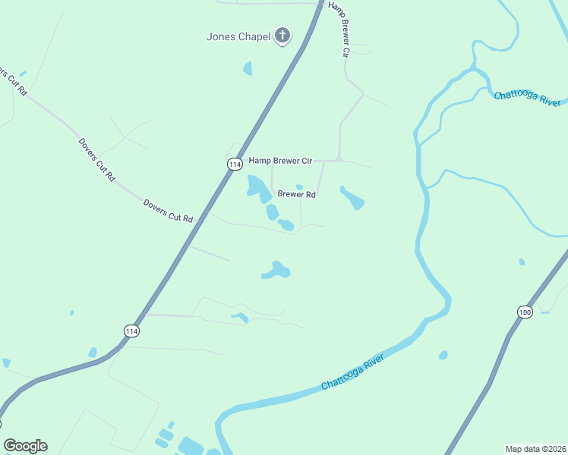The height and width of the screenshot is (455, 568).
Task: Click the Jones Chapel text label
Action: point(238,36)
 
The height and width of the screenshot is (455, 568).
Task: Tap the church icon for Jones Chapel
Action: point(282,35)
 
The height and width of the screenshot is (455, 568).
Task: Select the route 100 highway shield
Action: point(525,312)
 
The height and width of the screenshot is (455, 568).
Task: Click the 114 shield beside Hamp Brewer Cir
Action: point(235,164)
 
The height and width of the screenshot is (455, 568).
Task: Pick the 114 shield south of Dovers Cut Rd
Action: point(132,331)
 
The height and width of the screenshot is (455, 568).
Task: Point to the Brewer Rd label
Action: point(296,194)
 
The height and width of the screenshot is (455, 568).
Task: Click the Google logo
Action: point(25,446)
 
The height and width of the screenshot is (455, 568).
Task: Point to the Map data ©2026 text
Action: point(535,449)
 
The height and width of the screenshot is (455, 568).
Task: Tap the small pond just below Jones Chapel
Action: point(248,69)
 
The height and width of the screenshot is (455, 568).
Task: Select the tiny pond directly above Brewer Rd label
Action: point(299,187)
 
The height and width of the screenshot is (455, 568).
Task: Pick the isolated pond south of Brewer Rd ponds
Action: point(276,270)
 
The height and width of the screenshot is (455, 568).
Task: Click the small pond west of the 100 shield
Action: point(443,354)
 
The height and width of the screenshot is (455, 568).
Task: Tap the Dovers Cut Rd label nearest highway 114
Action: point(169,211)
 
